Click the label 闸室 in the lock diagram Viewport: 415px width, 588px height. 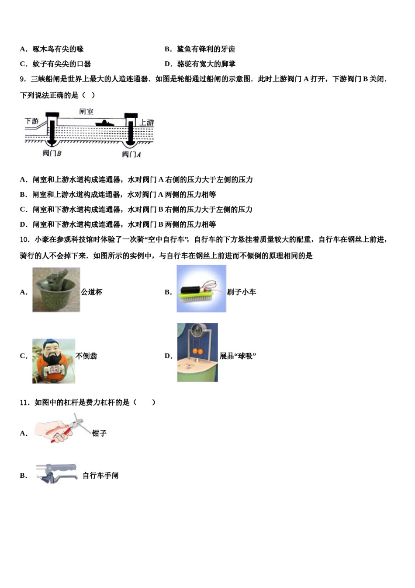point(86,112)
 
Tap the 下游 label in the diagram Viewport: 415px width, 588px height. point(32,121)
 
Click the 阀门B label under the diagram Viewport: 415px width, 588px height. point(52,153)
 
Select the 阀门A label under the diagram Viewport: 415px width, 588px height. point(131,154)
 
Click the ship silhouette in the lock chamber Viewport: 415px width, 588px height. point(104,123)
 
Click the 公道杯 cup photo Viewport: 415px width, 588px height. point(56,290)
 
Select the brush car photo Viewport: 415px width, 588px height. point(201,289)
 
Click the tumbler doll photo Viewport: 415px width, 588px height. point(53,361)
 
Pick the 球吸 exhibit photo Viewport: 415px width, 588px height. point(197,353)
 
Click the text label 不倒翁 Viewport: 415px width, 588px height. point(86,356)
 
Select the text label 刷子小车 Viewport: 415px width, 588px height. point(242,292)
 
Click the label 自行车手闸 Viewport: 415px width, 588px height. point(100,476)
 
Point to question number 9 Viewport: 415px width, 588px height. point(24,79)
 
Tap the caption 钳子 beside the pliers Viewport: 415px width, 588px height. point(99,433)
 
